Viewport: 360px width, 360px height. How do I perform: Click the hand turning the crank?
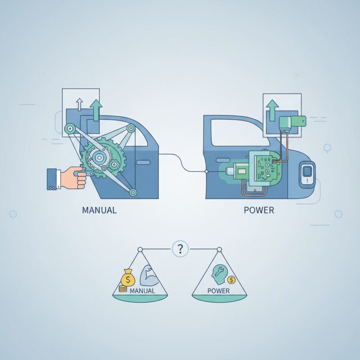tap(73, 178)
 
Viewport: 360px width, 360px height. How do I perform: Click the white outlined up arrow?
tap(80, 104)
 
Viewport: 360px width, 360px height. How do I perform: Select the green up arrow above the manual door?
tap(96, 110)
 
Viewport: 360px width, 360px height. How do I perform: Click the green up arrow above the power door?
tap(272, 110)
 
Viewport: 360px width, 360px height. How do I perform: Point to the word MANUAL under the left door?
tap(99, 210)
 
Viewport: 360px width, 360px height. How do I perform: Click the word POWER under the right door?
tap(259, 210)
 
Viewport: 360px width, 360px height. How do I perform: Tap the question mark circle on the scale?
tap(180, 249)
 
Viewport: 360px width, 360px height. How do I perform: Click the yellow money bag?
tap(128, 278)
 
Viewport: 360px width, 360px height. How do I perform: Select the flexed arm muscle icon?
tap(149, 276)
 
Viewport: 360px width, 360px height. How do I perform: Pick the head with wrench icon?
tap(219, 274)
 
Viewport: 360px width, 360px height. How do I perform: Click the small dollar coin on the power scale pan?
tap(231, 280)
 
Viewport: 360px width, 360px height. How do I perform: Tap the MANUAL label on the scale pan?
tap(142, 291)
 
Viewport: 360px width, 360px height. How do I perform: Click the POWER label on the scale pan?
tap(218, 291)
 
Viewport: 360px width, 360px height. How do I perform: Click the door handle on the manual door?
tap(143, 162)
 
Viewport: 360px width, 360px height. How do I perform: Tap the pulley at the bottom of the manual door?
tap(133, 192)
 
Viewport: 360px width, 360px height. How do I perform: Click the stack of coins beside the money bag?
tap(122, 289)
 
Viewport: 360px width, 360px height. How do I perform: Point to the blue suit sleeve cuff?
tap(52, 179)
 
